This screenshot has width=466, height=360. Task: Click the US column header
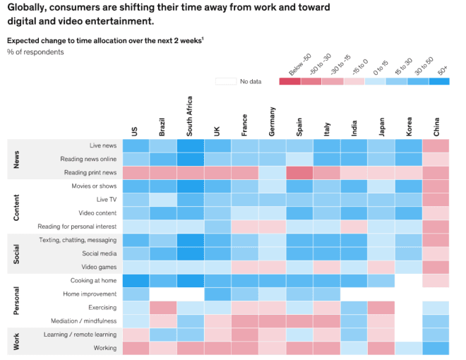[135, 131]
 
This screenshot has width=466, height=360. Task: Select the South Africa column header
[189, 117]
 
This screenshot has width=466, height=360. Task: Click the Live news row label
[103, 145]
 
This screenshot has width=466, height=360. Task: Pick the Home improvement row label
[90, 294]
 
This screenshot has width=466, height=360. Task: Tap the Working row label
[105, 348]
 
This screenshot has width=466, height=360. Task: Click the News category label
[17, 159]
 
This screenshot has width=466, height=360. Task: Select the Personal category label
[17, 301]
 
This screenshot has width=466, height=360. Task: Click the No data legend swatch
[226, 81]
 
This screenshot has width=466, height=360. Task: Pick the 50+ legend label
[441, 70]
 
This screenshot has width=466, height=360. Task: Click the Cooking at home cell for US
[136, 280]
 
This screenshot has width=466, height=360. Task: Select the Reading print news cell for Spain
[299, 172]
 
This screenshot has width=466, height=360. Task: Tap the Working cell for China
[436, 348]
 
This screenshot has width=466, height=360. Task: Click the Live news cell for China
[436, 145]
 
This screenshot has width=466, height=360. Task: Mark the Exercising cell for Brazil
[162, 308]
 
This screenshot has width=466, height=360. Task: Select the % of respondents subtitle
[35, 52]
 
